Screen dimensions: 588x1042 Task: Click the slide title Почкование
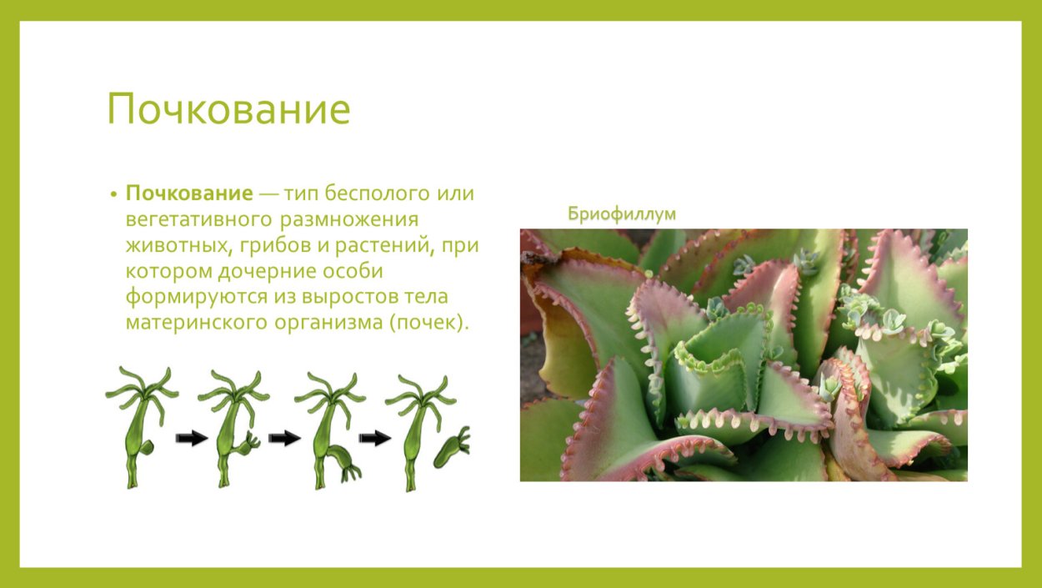coord(228,109)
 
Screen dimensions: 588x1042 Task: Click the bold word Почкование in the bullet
coord(189,193)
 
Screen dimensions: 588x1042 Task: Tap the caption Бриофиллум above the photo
coord(622,214)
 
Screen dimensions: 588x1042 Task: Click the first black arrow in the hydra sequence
coord(193,438)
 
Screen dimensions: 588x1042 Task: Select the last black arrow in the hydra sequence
coord(375,438)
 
